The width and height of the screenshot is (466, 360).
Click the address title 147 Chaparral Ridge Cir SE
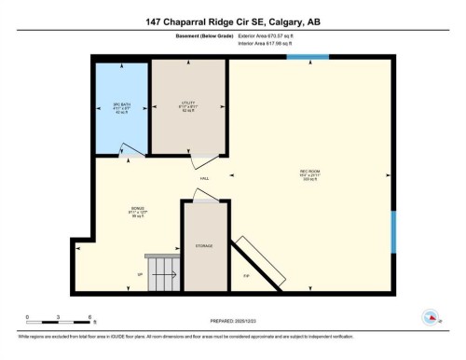232,20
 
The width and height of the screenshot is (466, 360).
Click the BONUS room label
138,212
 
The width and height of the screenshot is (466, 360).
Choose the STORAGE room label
204,245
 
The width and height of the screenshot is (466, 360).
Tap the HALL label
204,177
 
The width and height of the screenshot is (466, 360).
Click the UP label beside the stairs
140,275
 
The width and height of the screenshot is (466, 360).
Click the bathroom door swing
135,148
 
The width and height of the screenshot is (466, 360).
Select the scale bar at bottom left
58,321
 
